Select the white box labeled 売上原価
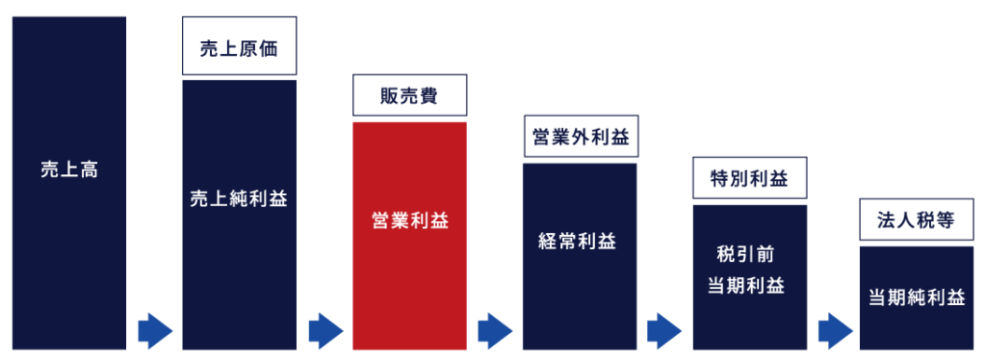coord(239,49)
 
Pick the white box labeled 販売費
coord(409,96)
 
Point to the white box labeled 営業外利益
coord(580,138)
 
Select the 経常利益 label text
coord(580,241)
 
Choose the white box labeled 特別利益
coord(749,178)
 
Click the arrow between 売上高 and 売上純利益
coord(154,331)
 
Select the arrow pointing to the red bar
coord(325,331)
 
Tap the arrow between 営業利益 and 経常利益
coord(494,331)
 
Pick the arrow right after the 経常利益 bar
coord(664,331)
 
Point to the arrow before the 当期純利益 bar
coord(834,331)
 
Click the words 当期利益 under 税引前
coord(749,286)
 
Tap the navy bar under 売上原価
coord(239,289)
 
